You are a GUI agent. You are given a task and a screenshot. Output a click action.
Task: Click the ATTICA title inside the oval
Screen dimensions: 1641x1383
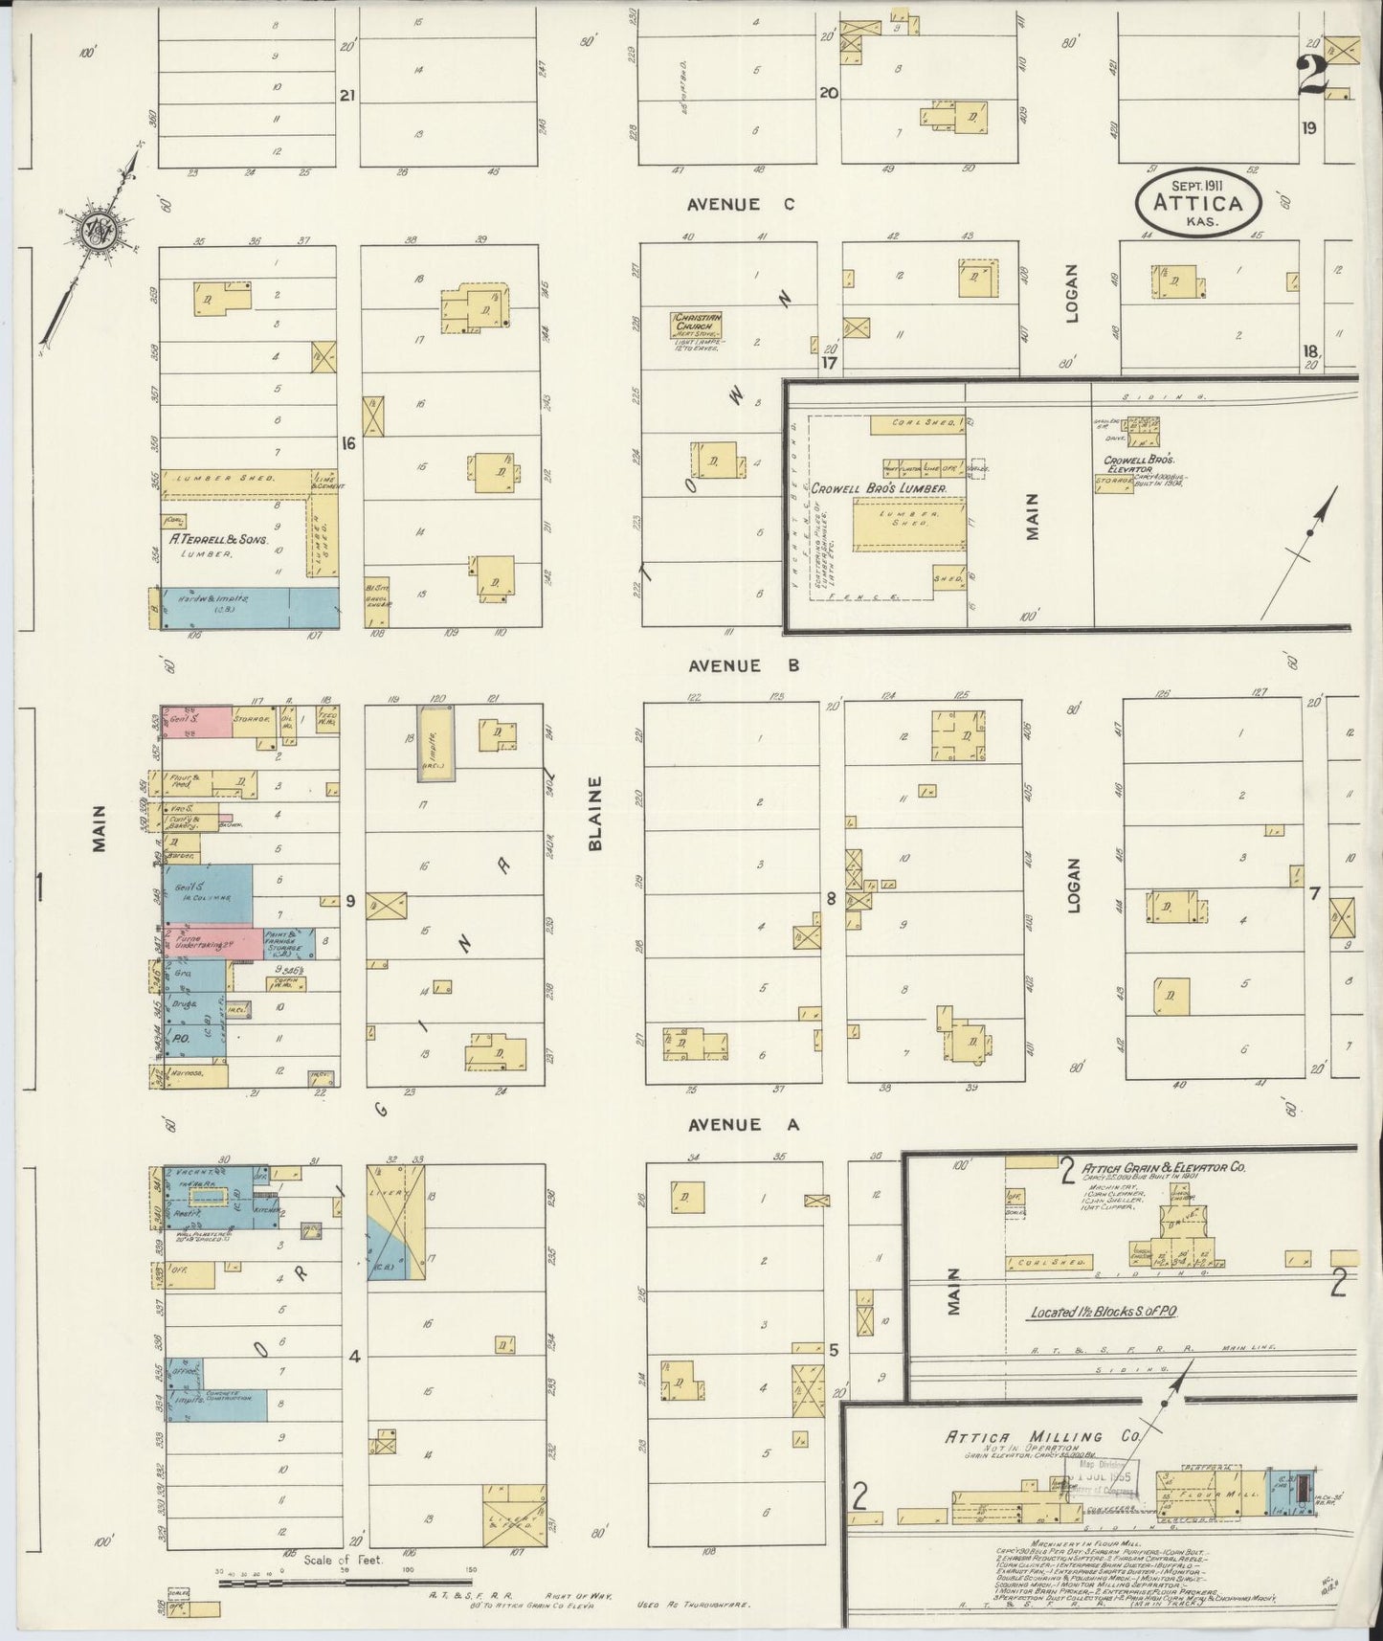[x=1198, y=203]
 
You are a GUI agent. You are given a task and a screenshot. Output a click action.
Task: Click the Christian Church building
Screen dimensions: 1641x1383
[x=696, y=326]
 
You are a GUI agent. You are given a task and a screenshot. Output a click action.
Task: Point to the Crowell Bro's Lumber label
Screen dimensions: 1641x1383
[x=880, y=488]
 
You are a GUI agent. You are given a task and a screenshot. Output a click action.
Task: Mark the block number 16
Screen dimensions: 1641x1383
[x=348, y=443]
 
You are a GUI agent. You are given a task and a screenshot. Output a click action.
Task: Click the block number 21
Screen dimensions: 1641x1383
[x=347, y=95]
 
